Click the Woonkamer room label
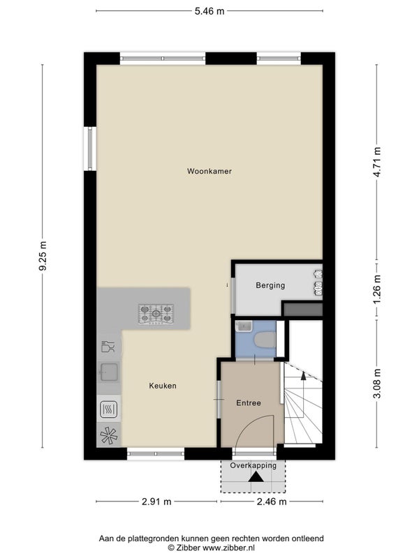point(209,171)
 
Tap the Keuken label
point(163,386)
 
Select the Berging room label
point(270,285)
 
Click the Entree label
point(249,403)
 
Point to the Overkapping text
point(253,465)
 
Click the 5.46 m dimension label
point(209,11)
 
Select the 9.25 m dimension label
point(43,256)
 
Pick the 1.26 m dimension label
point(378,289)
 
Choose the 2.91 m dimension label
point(156,502)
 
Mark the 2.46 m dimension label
point(272,502)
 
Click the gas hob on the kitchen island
point(156,314)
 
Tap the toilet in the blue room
point(265,340)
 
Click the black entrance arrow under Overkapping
point(256,477)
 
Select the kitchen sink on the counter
point(109,372)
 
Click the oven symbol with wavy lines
point(109,409)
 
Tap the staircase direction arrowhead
point(303,375)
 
